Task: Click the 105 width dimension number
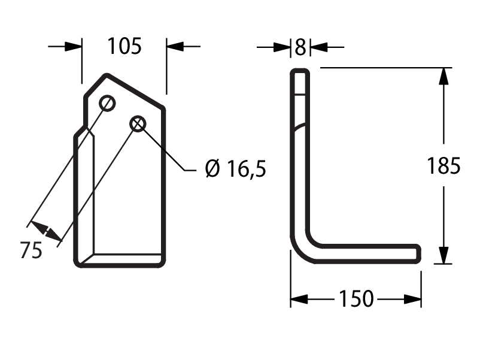pos(124,46)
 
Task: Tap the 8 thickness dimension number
pos(300,47)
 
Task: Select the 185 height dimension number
pos(443,166)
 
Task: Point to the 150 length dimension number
pos(356,298)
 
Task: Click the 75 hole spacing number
pos(31,250)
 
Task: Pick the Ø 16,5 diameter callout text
pos(235,169)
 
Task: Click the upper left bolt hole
pos(107,103)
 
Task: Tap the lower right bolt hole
pos(138,124)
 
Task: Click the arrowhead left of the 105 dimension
pos(74,47)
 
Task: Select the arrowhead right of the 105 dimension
pos(175,47)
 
